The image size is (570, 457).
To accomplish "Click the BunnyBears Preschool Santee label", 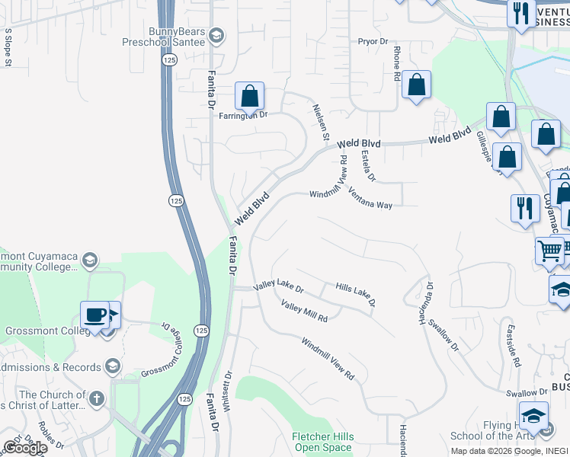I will (165, 37).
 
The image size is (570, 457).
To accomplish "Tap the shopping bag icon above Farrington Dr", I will (249, 97).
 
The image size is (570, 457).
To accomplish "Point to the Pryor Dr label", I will (373, 41).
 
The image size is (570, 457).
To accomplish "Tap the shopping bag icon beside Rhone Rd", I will (416, 85).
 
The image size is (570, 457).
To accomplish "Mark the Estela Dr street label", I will (369, 166).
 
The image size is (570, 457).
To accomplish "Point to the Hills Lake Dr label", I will (356, 294).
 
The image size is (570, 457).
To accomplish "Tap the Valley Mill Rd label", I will (304, 312).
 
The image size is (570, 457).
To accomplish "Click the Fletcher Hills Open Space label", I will (323, 442).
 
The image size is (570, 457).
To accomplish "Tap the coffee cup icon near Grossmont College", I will (95, 315).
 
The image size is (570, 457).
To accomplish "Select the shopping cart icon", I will (549, 250).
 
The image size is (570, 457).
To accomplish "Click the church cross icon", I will (96, 398).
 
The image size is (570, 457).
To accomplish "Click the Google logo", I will (25, 447).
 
